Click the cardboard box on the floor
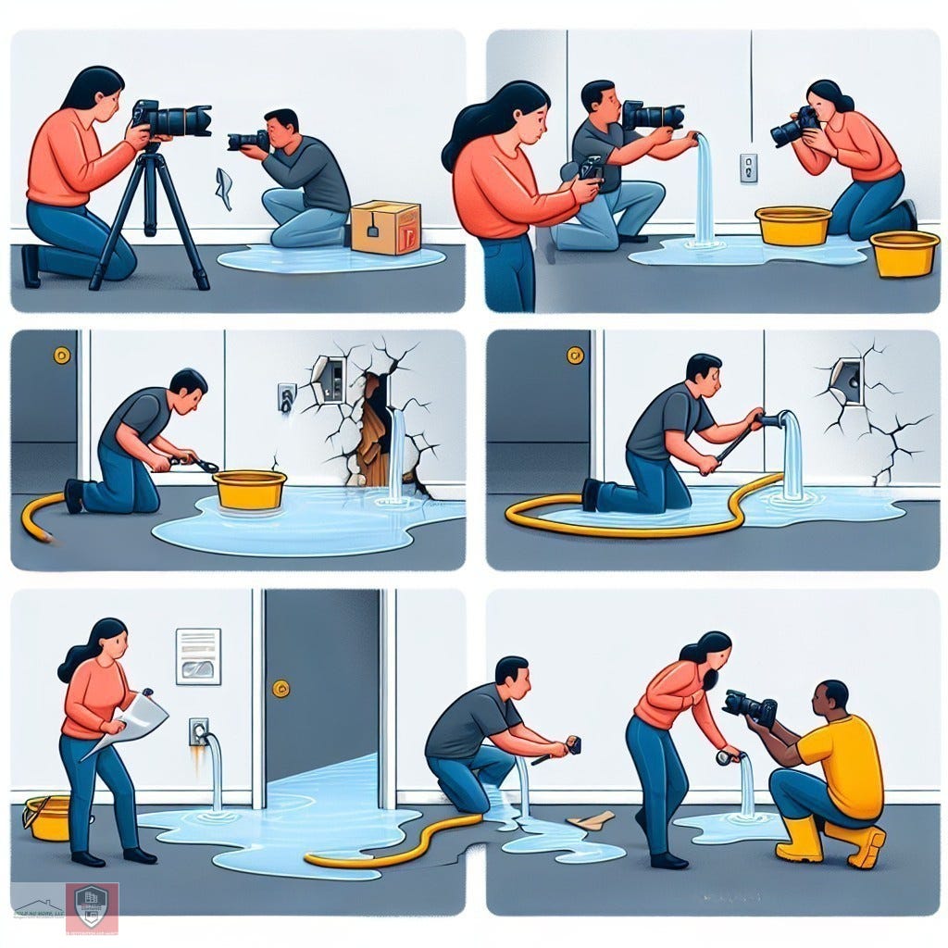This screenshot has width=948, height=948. (x=385, y=228)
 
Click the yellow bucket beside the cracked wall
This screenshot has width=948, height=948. (x=249, y=489)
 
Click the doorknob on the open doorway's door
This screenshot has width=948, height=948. (x=281, y=688)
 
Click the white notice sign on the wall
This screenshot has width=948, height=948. (x=198, y=655)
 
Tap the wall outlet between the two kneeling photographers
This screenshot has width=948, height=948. (x=748, y=168)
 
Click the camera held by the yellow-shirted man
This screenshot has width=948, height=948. (x=750, y=707)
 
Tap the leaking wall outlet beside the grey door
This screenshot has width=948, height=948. (x=198, y=730)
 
